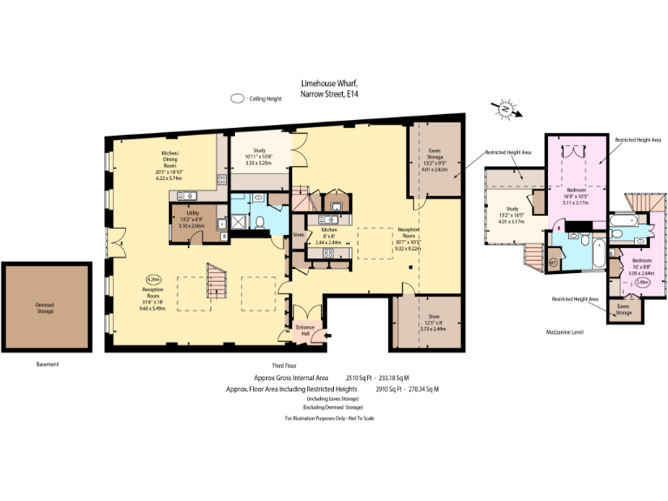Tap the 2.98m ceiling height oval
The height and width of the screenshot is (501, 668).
click(x=643, y=282)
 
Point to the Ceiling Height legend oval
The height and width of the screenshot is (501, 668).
click(x=237, y=99)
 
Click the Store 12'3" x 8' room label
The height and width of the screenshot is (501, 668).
click(x=433, y=323)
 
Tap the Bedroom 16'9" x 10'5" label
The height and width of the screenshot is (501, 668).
click(x=578, y=197)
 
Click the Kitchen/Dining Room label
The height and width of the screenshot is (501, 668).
click(x=180, y=165)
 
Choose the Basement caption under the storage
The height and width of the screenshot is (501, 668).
click(x=48, y=364)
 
